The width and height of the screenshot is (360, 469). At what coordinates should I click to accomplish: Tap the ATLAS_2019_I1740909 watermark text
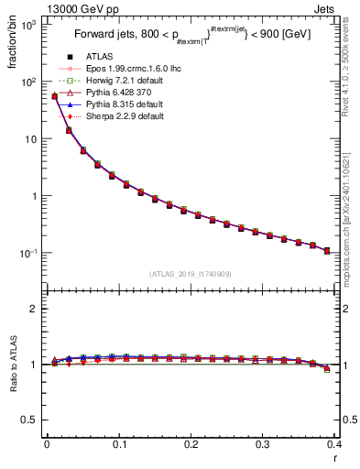(191, 274)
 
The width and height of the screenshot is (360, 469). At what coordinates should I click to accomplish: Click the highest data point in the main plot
(54, 96)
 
